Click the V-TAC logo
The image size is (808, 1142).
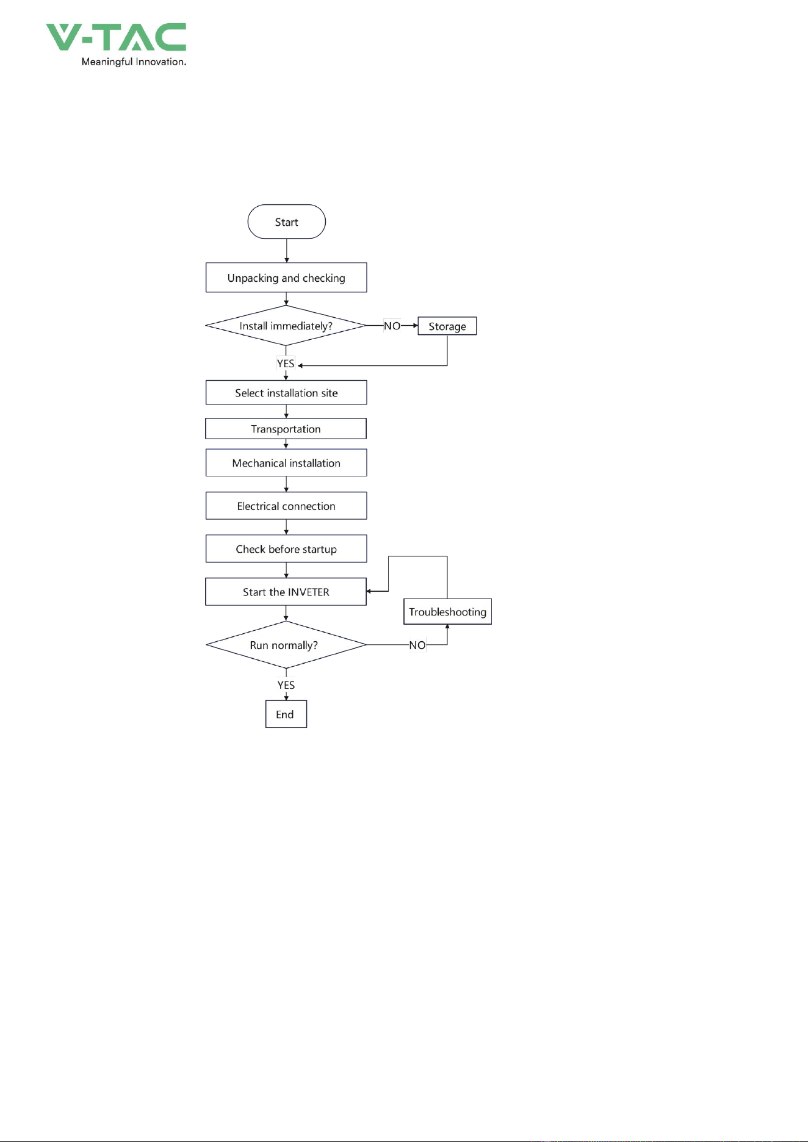(116, 37)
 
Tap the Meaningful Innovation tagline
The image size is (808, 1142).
(134, 62)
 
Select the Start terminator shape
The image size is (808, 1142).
(286, 221)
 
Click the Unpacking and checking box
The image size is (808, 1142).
(286, 278)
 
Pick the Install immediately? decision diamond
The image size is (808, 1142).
(286, 326)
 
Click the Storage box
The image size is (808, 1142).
(447, 326)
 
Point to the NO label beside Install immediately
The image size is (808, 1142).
(392, 326)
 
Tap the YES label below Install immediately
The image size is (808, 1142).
(286, 364)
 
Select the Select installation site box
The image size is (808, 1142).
(286, 393)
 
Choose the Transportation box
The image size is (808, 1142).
(286, 429)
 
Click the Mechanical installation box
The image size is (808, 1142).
(286, 463)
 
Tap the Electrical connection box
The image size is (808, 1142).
(286, 506)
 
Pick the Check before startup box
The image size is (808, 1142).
(286, 549)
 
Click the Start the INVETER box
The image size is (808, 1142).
(286, 592)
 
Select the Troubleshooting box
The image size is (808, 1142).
(448, 612)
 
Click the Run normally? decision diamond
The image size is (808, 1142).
(286, 645)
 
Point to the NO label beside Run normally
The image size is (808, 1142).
(417, 645)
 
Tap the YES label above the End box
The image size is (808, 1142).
(286, 685)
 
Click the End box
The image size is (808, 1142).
(286, 714)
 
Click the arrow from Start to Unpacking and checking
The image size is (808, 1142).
(286, 251)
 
